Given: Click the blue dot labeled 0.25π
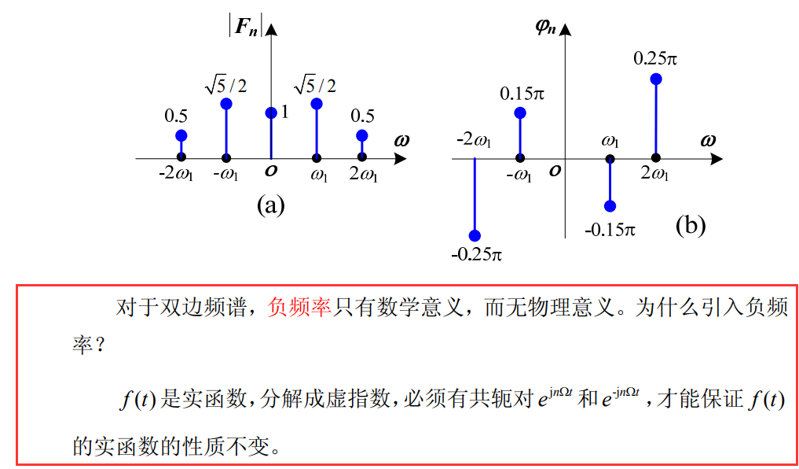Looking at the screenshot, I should pos(656,79).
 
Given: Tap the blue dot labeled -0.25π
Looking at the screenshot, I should pos(475,235).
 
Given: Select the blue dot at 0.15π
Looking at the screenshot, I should pos(519,113).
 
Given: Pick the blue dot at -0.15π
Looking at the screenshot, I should pos(610,206).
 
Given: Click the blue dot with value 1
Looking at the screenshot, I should pos(271,113).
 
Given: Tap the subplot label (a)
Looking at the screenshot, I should pos(270,206).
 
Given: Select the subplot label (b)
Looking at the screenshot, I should pos(691,226).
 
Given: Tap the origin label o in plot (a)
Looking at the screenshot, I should pos(271,171).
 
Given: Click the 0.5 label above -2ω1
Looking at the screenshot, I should pos(176,116).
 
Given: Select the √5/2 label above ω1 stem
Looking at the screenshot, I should pos(315,84).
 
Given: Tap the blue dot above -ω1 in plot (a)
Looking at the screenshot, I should pos(226,104).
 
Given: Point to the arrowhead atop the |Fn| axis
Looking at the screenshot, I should pos(272,30).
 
